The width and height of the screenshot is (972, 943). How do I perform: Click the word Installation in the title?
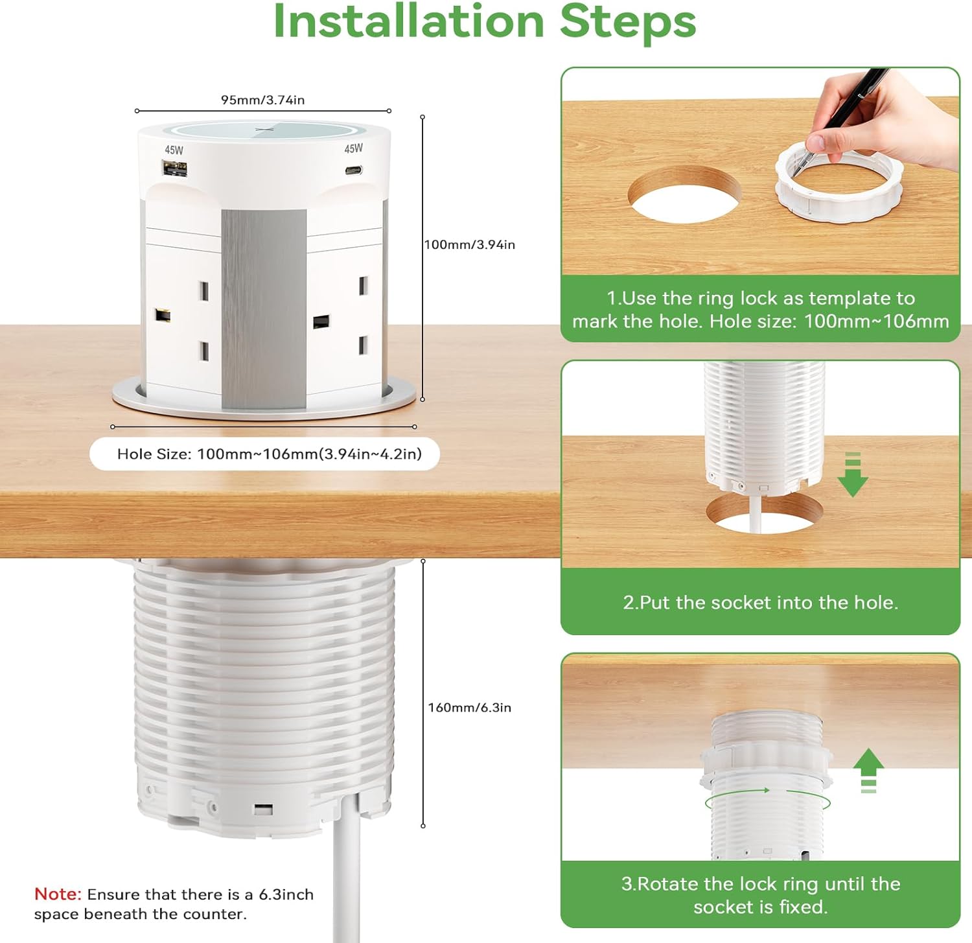click(x=409, y=21)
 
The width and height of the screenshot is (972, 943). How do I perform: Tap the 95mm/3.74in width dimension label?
click(x=262, y=100)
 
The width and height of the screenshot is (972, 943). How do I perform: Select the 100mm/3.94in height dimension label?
click(x=469, y=244)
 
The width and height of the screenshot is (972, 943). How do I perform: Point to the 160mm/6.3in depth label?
click(x=469, y=707)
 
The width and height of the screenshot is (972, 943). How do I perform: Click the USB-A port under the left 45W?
click(x=174, y=170)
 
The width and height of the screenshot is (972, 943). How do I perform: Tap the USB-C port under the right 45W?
click(x=353, y=170)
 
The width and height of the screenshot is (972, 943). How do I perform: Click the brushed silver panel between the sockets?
click(x=264, y=309)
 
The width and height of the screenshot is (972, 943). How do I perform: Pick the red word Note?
click(x=58, y=894)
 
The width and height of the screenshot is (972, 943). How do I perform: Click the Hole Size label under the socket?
click(x=269, y=454)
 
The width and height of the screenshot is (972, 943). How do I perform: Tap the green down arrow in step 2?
click(x=853, y=474)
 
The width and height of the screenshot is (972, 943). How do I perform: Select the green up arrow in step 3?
click(x=868, y=771)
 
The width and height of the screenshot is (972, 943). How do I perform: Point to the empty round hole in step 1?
click(x=685, y=194)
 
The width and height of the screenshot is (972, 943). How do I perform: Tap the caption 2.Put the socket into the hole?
click(x=761, y=603)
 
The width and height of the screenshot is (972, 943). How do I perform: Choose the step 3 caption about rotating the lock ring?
click(x=761, y=895)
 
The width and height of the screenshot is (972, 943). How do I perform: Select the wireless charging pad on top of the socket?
click(x=264, y=129)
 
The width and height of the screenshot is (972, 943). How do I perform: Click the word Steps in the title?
click(x=627, y=23)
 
